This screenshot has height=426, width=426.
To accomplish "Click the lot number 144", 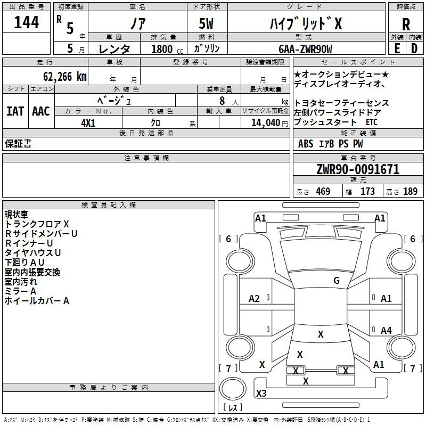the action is [26, 22].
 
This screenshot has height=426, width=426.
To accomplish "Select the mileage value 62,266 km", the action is [65, 77].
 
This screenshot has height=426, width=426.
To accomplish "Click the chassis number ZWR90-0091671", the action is [358, 169].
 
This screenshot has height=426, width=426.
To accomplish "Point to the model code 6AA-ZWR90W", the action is [305, 49].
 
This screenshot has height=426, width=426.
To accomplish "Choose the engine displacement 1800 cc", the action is [167, 49].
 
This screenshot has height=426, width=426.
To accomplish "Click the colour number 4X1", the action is [88, 123].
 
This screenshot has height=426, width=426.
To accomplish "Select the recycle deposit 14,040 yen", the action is [269, 123].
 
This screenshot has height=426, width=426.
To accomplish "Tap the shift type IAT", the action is [15, 111].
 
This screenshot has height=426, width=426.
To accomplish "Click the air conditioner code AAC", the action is [41, 111].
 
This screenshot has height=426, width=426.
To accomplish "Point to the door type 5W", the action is [206, 23].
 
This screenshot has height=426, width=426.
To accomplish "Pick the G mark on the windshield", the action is [337, 280].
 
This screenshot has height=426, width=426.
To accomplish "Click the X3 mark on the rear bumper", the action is [261, 393].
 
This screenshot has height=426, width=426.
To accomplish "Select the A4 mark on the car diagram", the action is [386, 330].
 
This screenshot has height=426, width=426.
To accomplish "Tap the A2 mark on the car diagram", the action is [254, 299].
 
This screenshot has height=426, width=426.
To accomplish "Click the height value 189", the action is [410, 191].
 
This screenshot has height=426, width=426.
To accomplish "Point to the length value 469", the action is [323, 191].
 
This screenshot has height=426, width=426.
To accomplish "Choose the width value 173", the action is [367, 191].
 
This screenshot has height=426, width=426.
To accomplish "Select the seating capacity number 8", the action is [222, 101].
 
